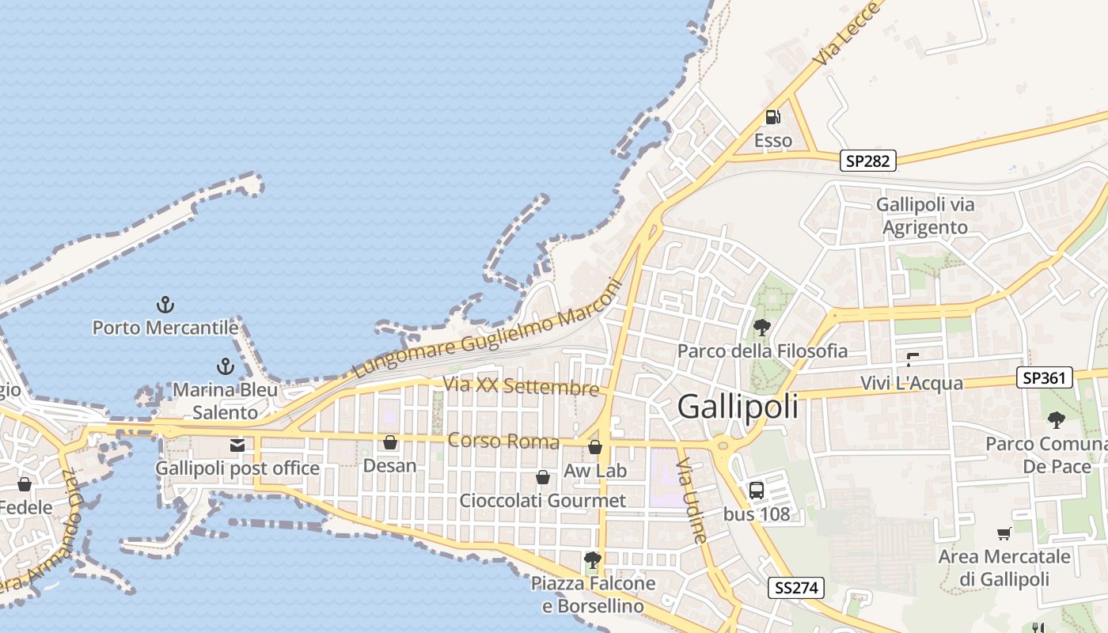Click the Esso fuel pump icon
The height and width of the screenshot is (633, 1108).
tap(772, 117)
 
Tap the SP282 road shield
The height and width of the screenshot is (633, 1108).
tap(868, 161)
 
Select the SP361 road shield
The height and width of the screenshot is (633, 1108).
tap(1045, 378)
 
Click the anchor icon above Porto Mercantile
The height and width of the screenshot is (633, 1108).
tap(165, 305)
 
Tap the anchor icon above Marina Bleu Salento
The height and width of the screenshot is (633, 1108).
tap(226, 366)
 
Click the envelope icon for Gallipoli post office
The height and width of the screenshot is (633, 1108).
tap(237, 445)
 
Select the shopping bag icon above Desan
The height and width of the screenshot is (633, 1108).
tap(390, 442)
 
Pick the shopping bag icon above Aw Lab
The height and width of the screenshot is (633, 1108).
tap(595, 448)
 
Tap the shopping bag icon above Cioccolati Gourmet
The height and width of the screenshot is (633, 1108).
tap(543, 477)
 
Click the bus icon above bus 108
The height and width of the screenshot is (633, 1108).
tap(757, 491)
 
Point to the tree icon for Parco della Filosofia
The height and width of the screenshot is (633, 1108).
tap(762, 327)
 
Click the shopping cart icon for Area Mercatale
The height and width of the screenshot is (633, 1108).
tap(1004, 534)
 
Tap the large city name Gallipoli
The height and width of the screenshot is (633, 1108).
tap(738, 407)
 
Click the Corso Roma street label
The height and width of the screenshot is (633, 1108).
tap(503, 441)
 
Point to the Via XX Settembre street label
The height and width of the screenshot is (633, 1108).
tap(521, 386)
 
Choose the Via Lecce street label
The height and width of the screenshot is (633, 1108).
tap(847, 35)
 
